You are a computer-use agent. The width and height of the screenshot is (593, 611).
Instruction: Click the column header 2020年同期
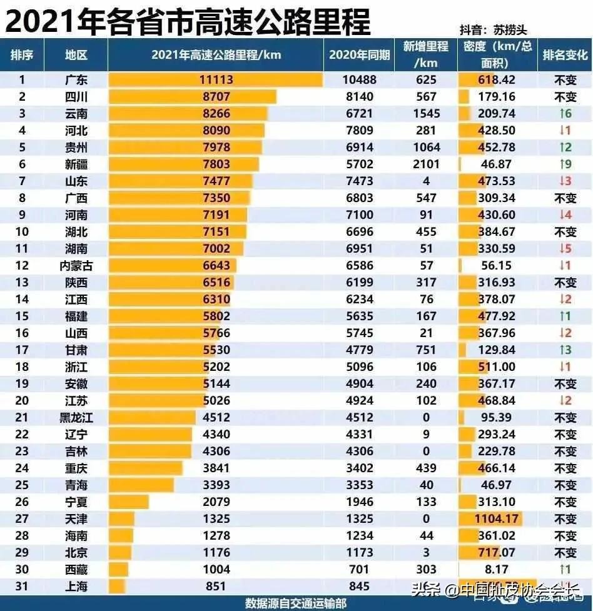359,54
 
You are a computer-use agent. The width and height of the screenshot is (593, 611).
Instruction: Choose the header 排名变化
565,54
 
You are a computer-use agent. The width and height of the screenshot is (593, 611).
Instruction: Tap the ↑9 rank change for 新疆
565,164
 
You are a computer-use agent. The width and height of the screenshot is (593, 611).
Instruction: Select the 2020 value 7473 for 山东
359,181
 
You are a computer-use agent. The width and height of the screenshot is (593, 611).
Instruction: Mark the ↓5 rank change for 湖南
565,249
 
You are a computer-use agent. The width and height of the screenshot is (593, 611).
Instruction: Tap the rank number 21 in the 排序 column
22,417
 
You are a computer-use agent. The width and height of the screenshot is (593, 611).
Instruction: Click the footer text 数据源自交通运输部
295,603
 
